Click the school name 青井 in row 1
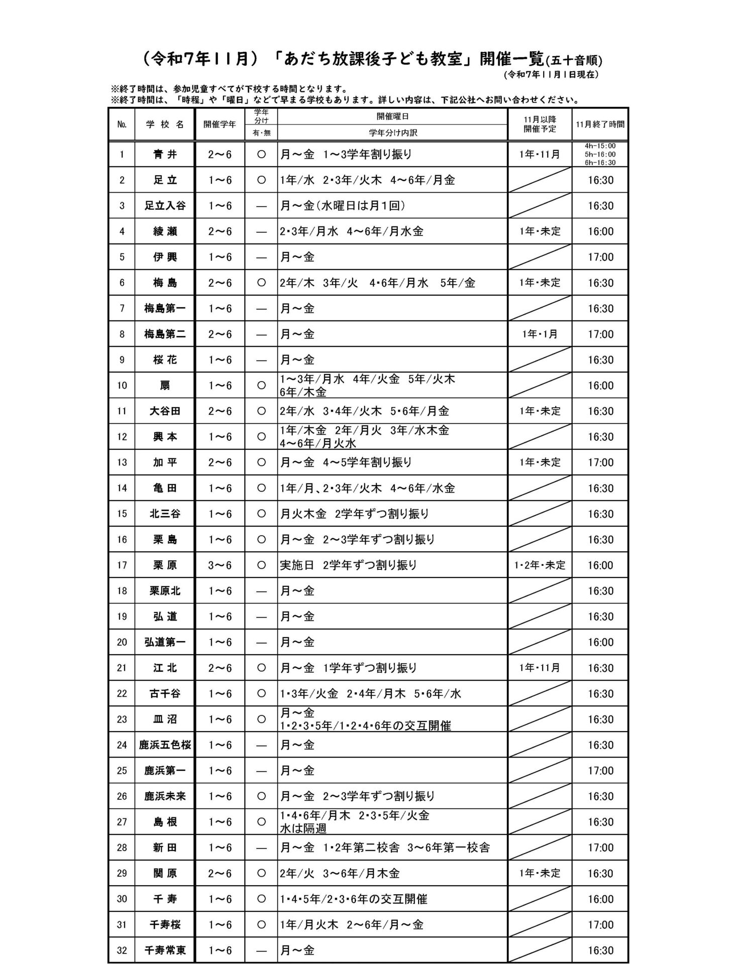pos(165,155)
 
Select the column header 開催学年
pos(220,125)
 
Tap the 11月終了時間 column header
pos(600,125)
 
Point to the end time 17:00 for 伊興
pos(600,257)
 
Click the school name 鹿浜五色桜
pos(165,745)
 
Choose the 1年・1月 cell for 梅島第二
pos(540,334)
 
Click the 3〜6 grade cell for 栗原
pos(220,565)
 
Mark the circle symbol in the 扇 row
pos(261,386)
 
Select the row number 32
pos(122,950)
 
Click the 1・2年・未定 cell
pos(540,565)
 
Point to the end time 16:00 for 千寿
pos(600,899)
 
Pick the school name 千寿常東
pos(165,950)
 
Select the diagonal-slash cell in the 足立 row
pos(540,180)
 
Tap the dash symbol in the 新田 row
pos(261,848)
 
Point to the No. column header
pos(122,125)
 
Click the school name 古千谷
pos(165,694)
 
